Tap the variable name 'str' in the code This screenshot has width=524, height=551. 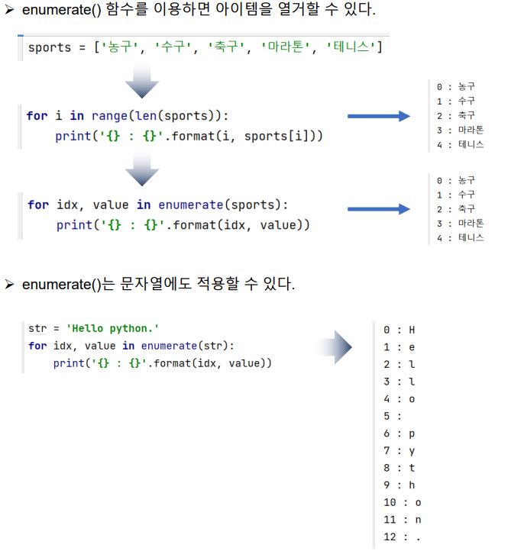[37, 328]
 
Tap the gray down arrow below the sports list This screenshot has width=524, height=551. [142, 81]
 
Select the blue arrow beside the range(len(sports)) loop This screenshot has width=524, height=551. [379, 116]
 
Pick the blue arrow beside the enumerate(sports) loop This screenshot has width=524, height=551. [379, 209]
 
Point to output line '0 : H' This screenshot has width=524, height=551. [399, 330]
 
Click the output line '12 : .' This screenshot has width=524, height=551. [402, 536]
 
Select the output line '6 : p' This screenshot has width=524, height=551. [399, 433]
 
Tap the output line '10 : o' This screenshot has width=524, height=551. [402, 502]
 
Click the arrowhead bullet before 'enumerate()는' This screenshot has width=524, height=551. [10, 285]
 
